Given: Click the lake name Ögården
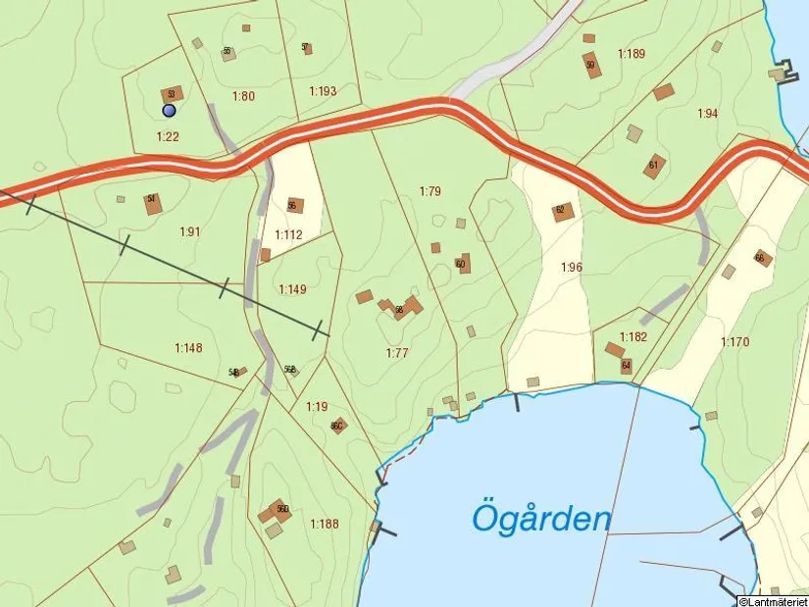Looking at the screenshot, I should click(x=541, y=517).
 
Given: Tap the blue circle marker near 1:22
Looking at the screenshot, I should click(x=169, y=111).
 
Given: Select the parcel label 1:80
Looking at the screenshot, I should click(x=243, y=96).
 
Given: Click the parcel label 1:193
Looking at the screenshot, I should click(x=323, y=91).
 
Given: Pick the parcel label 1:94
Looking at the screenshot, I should click(x=707, y=114).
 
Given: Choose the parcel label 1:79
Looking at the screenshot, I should click(x=430, y=190).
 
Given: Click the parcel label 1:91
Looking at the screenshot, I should click(x=190, y=231).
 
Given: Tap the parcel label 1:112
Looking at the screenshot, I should click(x=288, y=234).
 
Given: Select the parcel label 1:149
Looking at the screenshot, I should click(x=292, y=289).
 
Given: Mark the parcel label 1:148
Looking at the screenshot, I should click(x=188, y=347).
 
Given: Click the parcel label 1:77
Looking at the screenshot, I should click(x=396, y=353).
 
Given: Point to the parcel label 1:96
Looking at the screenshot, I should click(x=572, y=267).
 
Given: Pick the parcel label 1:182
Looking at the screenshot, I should click(x=633, y=336).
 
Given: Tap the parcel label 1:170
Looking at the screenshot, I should click(x=734, y=342).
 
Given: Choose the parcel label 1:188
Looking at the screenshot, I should click(x=324, y=524).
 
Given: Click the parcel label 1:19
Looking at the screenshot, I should click(x=317, y=406).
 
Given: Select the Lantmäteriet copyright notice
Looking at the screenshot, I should click(x=773, y=600).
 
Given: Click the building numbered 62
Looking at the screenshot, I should click(x=562, y=211).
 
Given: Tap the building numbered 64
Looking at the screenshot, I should click(x=626, y=366).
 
